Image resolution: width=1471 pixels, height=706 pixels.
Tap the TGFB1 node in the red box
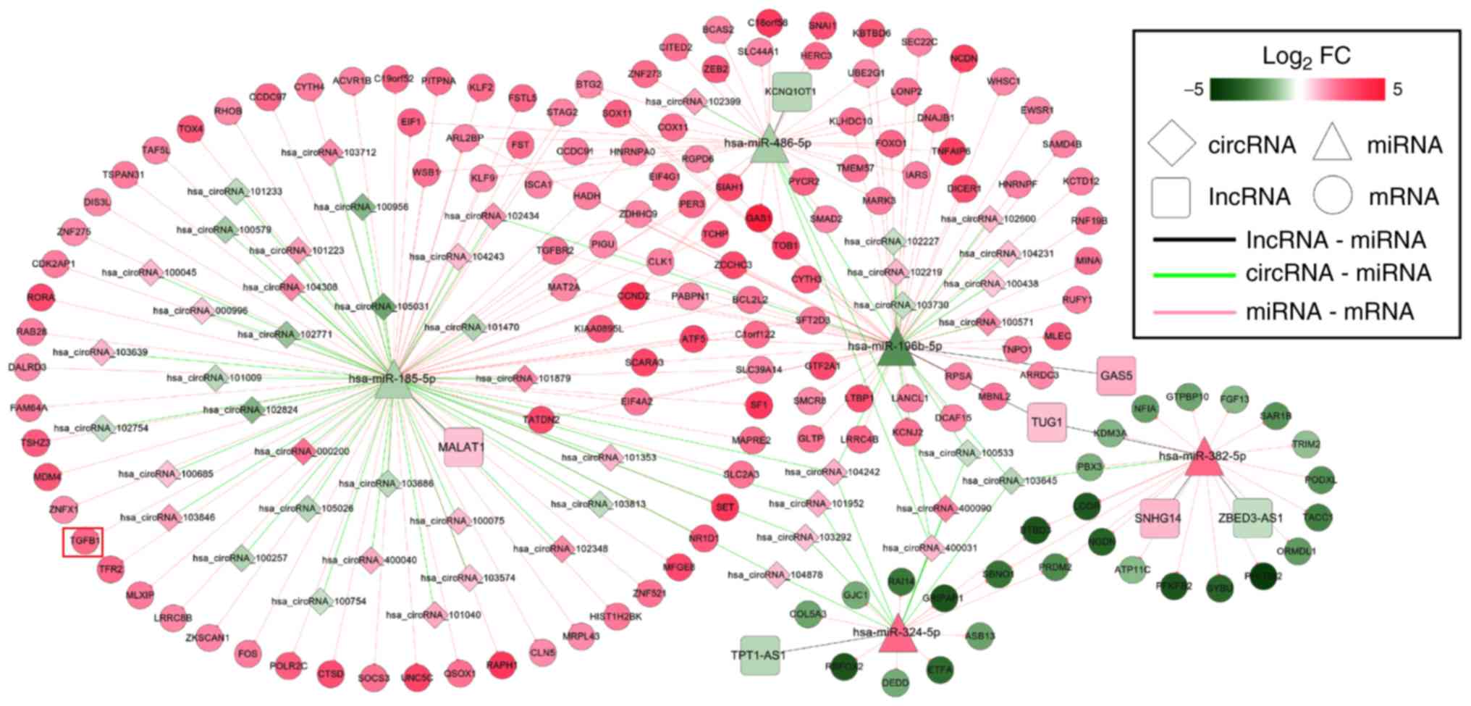pos(83,542)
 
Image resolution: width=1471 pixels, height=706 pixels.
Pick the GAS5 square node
pos(1116,376)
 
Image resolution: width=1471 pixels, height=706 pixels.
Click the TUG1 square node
pos(1046,422)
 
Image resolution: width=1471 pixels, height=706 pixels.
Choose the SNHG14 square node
pos(1159,518)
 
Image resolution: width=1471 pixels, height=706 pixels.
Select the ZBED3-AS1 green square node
pos(1252,518)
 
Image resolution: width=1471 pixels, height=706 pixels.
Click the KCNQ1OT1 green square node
pos(791,92)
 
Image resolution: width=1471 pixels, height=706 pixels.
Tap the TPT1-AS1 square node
pos(759,655)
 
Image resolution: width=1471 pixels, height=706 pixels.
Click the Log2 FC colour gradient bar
pos(1297,89)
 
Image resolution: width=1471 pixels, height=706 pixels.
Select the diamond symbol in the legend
pos(1171,144)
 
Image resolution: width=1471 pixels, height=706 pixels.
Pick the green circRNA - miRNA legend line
pos(1193,274)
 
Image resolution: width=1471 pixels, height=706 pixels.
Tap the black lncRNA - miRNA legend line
pos(1193,240)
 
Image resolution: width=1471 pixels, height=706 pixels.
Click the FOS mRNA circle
pos(248,654)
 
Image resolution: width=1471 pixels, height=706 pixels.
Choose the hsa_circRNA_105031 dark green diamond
pos(384,306)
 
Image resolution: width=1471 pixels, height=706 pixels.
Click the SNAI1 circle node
pos(822,26)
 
